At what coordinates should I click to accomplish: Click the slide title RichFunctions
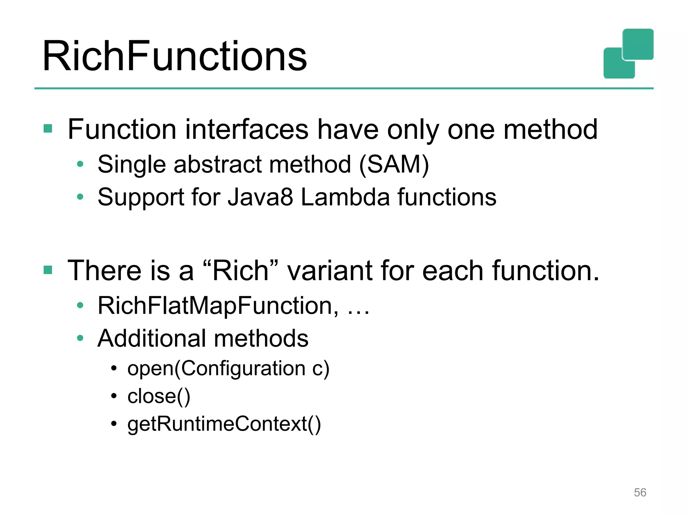[175, 56]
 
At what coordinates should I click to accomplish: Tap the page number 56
[640, 492]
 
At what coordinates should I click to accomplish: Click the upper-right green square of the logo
[638, 44]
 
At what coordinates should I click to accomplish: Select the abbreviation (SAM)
[394, 165]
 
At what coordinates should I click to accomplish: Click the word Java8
[260, 197]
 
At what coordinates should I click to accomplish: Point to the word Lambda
[345, 197]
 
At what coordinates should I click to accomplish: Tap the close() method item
[159, 396]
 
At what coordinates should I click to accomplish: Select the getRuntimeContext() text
[224, 424]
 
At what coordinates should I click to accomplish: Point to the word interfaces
[247, 130]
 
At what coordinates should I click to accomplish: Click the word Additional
[152, 338]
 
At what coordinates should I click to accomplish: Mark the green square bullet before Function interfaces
[48, 129]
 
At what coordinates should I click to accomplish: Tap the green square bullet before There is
[48, 270]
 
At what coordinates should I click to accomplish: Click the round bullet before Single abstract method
[80, 164]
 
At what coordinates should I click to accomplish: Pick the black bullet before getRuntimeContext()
[114, 424]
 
